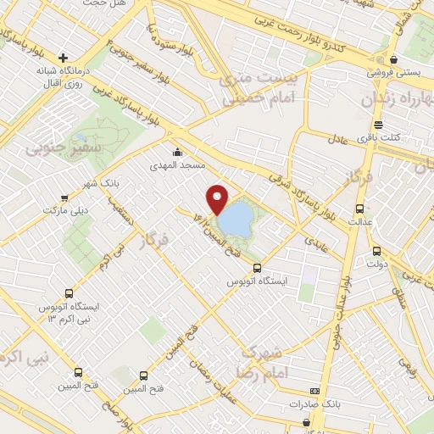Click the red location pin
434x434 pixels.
pos(218,198)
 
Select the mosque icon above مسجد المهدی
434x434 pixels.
pos(177,153)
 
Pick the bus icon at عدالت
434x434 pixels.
pos(360,209)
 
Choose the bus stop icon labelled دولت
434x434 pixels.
pos(377,251)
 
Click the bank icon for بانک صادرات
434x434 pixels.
pos(314,391)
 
